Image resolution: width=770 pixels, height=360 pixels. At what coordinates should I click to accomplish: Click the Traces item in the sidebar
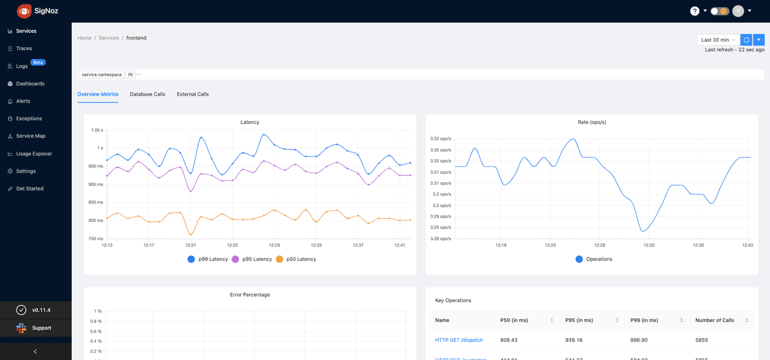tap(24, 49)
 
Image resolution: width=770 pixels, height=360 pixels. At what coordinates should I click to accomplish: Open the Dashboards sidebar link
tap(30, 84)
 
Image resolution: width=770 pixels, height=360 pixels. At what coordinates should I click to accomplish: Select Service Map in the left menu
tap(30, 136)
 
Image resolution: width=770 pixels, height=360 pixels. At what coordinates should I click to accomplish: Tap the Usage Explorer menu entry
tap(33, 154)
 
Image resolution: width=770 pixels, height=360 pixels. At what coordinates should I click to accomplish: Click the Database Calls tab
tap(148, 94)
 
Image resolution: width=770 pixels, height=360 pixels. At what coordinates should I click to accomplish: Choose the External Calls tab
tap(193, 94)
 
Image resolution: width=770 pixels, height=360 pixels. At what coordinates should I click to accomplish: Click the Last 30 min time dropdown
tap(718, 40)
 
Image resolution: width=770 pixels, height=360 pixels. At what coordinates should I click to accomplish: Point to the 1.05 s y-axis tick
tap(96, 130)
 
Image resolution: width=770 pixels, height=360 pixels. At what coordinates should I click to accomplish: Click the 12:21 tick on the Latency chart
tap(191, 245)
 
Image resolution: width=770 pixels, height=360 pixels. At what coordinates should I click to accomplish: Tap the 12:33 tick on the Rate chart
tap(649, 245)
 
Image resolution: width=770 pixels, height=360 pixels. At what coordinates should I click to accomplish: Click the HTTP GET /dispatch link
tap(459, 339)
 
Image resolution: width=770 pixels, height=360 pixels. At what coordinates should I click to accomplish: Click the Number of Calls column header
tap(714, 320)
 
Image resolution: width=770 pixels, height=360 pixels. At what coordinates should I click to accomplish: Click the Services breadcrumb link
tap(108, 38)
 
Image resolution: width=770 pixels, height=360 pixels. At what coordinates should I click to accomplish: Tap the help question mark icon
tap(694, 11)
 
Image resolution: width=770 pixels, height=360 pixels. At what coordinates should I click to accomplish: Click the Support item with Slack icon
tap(41, 328)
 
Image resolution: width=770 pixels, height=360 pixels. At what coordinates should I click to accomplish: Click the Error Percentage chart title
tap(250, 295)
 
